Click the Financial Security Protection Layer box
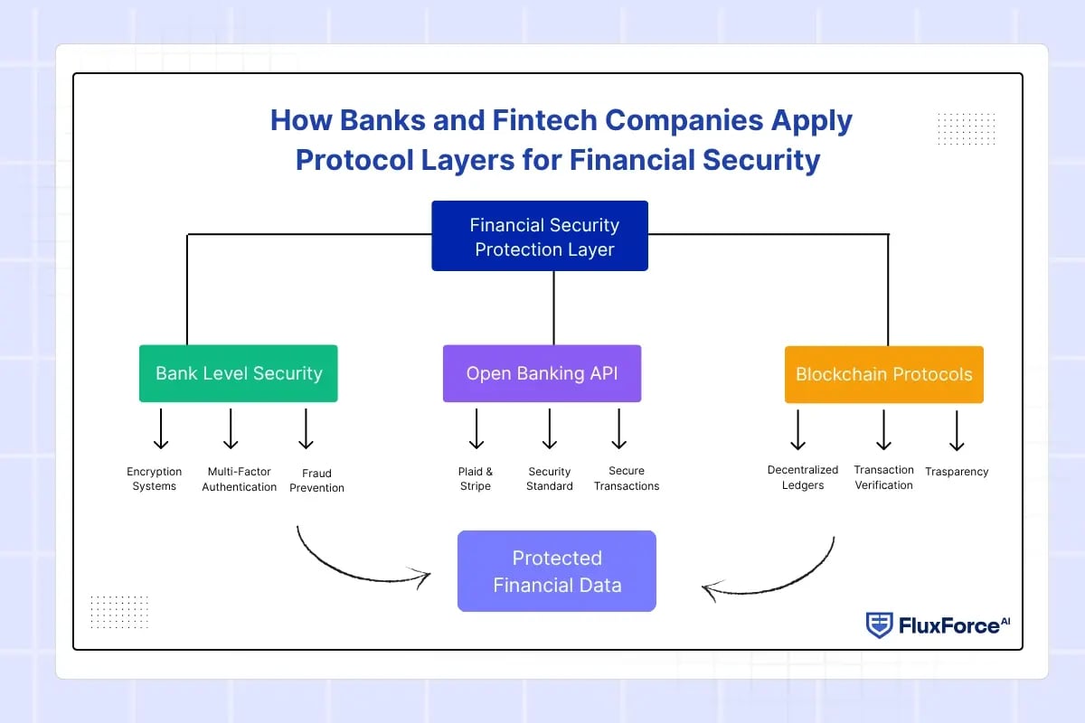(x=540, y=236)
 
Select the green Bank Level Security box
(x=238, y=373)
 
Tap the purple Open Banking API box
(x=542, y=373)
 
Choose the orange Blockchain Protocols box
(x=883, y=374)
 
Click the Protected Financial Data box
(x=557, y=571)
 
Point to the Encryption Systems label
(x=155, y=479)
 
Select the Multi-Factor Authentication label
(x=240, y=479)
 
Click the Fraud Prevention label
(x=316, y=480)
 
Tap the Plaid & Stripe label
(x=476, y=479)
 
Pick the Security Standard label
(x=550, y=479)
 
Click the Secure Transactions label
(x=627, y=478)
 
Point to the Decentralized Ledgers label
(x=803, y=477)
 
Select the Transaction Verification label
(x=883, y=477)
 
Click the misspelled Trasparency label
(x=957, y=472)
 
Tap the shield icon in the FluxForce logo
(x=879, y=624)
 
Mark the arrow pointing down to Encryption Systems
(x=161, y=428)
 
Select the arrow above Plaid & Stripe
(x=476, y=428)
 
